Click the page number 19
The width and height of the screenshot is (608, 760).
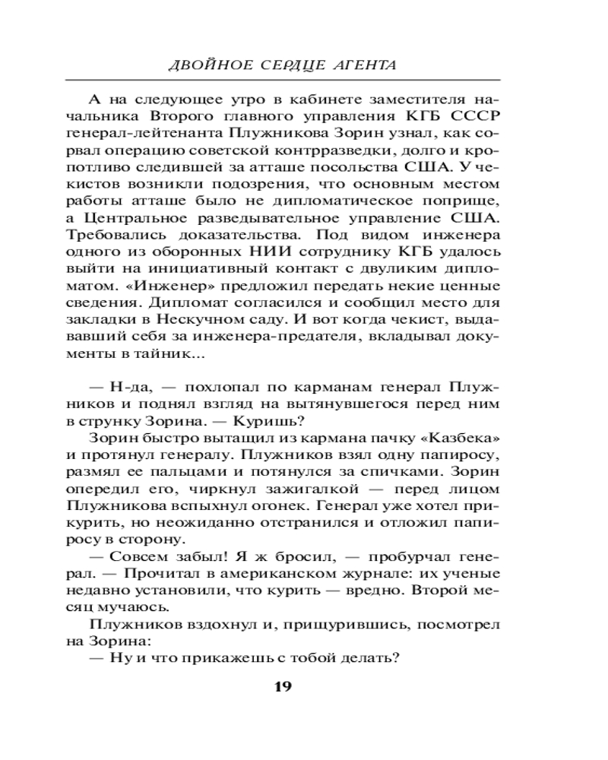282,687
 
